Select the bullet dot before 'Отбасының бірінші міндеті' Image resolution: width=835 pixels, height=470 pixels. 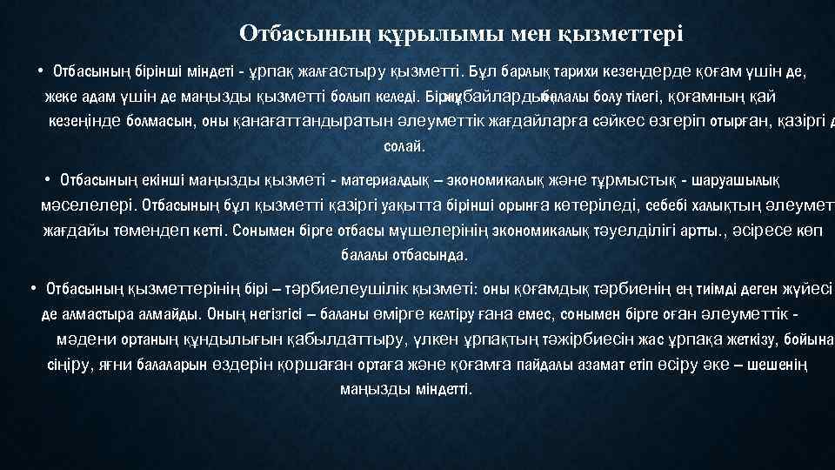click(41, 70)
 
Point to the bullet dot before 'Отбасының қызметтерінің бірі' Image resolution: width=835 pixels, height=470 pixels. click(32, 288)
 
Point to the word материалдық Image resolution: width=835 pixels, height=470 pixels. click(389, 180)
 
